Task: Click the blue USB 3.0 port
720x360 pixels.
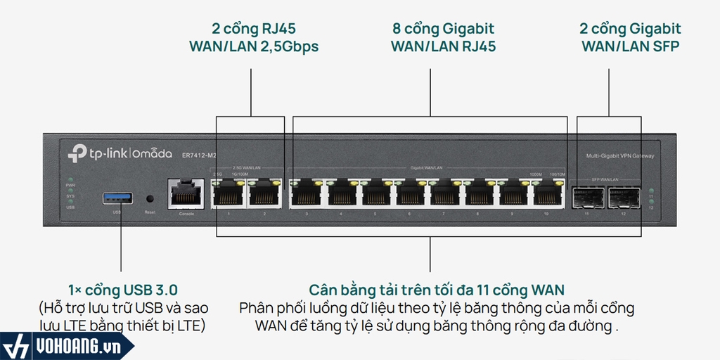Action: pyautogui.click(x=117, y=198)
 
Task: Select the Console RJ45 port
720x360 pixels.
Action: pyautogui.click(x=186, y=193)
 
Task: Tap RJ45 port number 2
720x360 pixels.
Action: pyautogui.click(x=264, y=193)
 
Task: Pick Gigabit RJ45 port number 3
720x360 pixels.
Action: pyautogui.click(x=307, y=193)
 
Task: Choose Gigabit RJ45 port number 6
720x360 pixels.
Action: pyautogui.click(x=409, y=193)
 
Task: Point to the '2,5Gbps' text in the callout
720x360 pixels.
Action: pyautogui.click(x=290, y=47)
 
